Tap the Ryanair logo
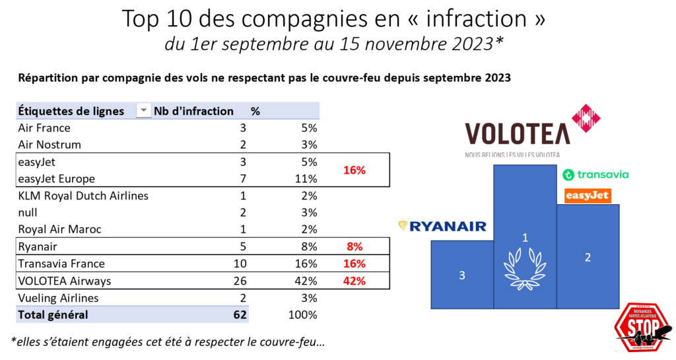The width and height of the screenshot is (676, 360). [442, 227]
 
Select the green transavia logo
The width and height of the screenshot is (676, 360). [595, 175]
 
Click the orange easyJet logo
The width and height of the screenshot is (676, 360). [588, 196]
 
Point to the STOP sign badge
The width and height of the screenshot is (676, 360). [642, 328]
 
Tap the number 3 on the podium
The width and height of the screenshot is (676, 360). [461, 275]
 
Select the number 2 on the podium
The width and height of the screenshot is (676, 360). [588, 258]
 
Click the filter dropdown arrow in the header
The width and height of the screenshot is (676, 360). [143, 111]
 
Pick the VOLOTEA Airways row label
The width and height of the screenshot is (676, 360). [65, 281]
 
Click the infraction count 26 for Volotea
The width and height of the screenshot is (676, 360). [240, 281]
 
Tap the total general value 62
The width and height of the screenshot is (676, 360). [240, 315]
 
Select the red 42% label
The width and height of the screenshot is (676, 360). [354, 281]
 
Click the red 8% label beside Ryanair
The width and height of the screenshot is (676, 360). [355, 246]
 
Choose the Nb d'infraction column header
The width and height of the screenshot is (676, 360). [193, 111]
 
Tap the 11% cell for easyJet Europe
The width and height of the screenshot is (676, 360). [306, 178]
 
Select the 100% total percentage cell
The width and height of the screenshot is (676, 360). [303, 315]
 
